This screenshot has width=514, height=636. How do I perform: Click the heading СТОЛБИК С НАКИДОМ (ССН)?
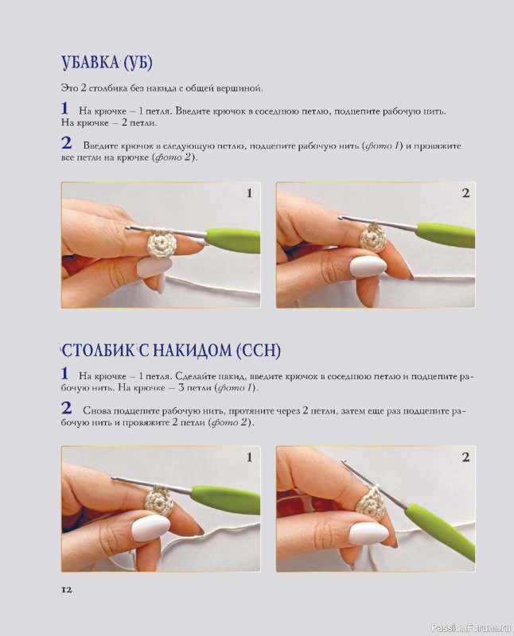coord(171,351)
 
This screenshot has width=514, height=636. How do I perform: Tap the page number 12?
coord(67,589)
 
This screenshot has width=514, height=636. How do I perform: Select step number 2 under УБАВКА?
coord(66,143)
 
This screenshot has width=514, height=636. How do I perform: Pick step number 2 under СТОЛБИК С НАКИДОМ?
coord(66,409)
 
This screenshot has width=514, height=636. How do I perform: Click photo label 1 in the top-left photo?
coord(249,193)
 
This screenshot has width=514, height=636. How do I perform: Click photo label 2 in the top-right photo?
coord(465,193)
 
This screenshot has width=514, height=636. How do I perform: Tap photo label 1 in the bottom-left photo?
coord(249,457)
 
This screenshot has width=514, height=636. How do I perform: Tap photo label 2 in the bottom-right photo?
coord(465,457)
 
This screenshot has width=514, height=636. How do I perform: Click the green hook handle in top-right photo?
coord(446,235)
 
